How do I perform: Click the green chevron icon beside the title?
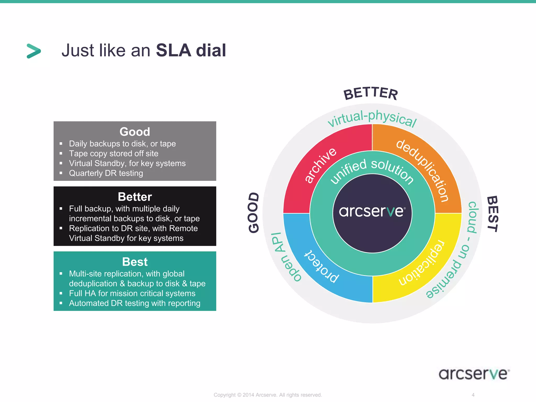pos(34,51)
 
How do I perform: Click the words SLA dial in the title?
pos(191,50)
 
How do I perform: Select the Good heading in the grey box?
pos(135,132)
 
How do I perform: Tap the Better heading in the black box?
pos(135,197)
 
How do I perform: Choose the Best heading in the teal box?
pos(135,262)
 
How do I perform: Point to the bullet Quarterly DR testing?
pos(106,173)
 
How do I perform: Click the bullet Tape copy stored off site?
pos(114,154)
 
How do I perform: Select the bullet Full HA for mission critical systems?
pos(132,293)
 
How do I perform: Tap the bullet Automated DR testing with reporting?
pos(135,303)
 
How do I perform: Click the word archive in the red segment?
pos(320,165)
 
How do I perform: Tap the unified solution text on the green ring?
pos(372,170)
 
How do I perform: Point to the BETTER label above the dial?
pos(371,93)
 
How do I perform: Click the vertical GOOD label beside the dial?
pos(254,213)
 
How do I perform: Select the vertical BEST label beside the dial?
pos(492,214)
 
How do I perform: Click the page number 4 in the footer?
pos(473,395)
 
